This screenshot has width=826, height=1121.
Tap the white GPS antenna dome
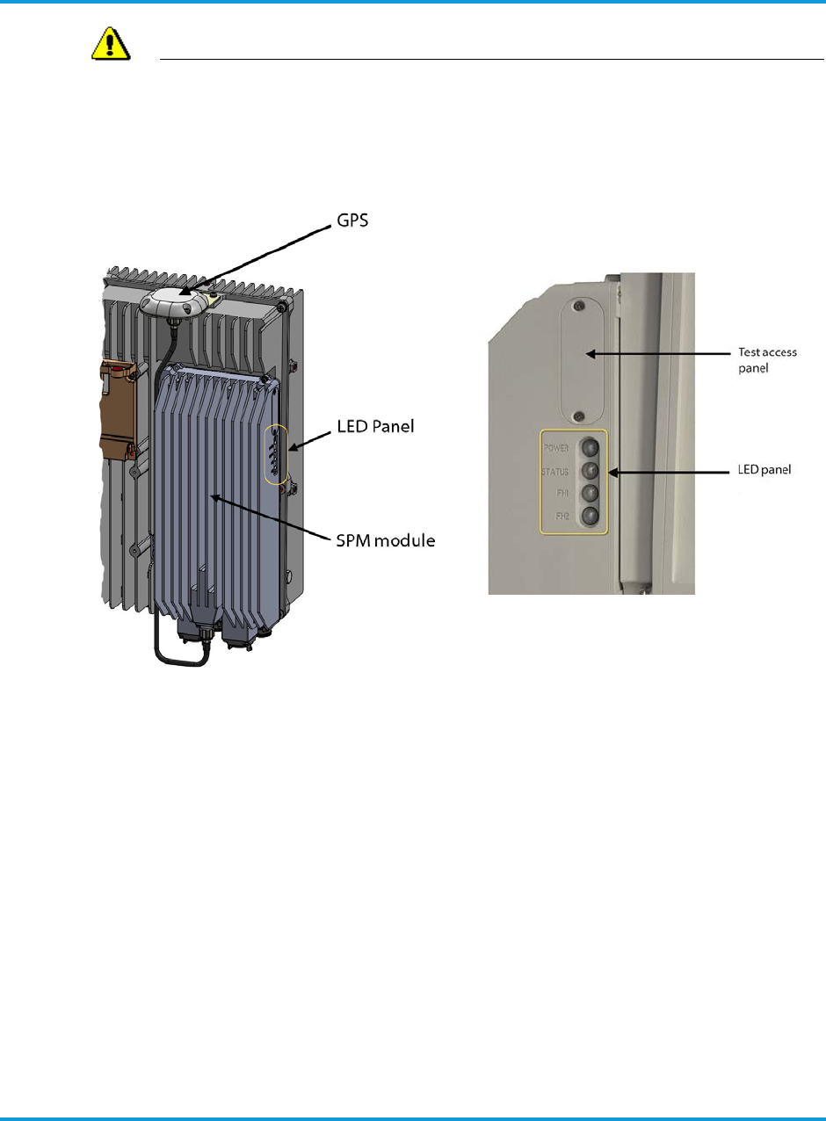tap(174, 301)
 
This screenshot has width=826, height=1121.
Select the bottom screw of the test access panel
tap(578, 416)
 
